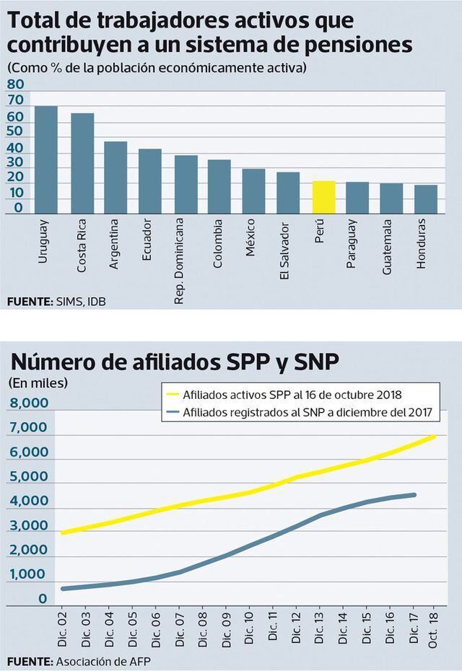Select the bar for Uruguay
[x=46, y=159]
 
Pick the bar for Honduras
[x=426, y=199]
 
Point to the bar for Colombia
[x=219, y=186]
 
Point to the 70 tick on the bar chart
[x=15, y=100]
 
